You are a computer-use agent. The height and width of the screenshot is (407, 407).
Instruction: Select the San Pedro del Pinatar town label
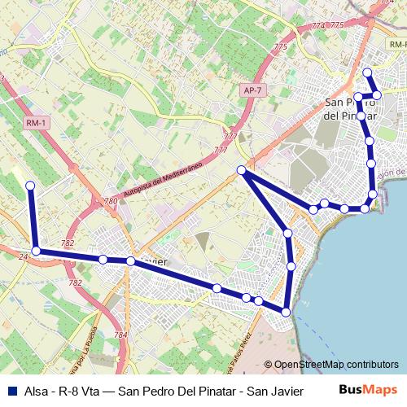click(x=351, y=109)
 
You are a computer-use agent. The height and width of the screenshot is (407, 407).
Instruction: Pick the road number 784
click(x=120, y=335)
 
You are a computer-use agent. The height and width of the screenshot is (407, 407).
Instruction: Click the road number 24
click(x=23, y=257)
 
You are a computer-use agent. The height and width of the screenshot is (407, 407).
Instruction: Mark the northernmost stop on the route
click(x=367, y=73)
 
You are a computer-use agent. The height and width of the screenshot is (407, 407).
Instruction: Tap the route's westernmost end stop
click(x=31, y=186)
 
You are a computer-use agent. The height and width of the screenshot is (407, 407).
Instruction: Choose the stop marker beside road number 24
click(x=36, y=251)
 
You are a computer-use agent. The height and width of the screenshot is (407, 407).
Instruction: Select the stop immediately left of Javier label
click(x=130, y=261)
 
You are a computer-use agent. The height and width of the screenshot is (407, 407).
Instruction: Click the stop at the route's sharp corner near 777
click(x=242, y=170)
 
